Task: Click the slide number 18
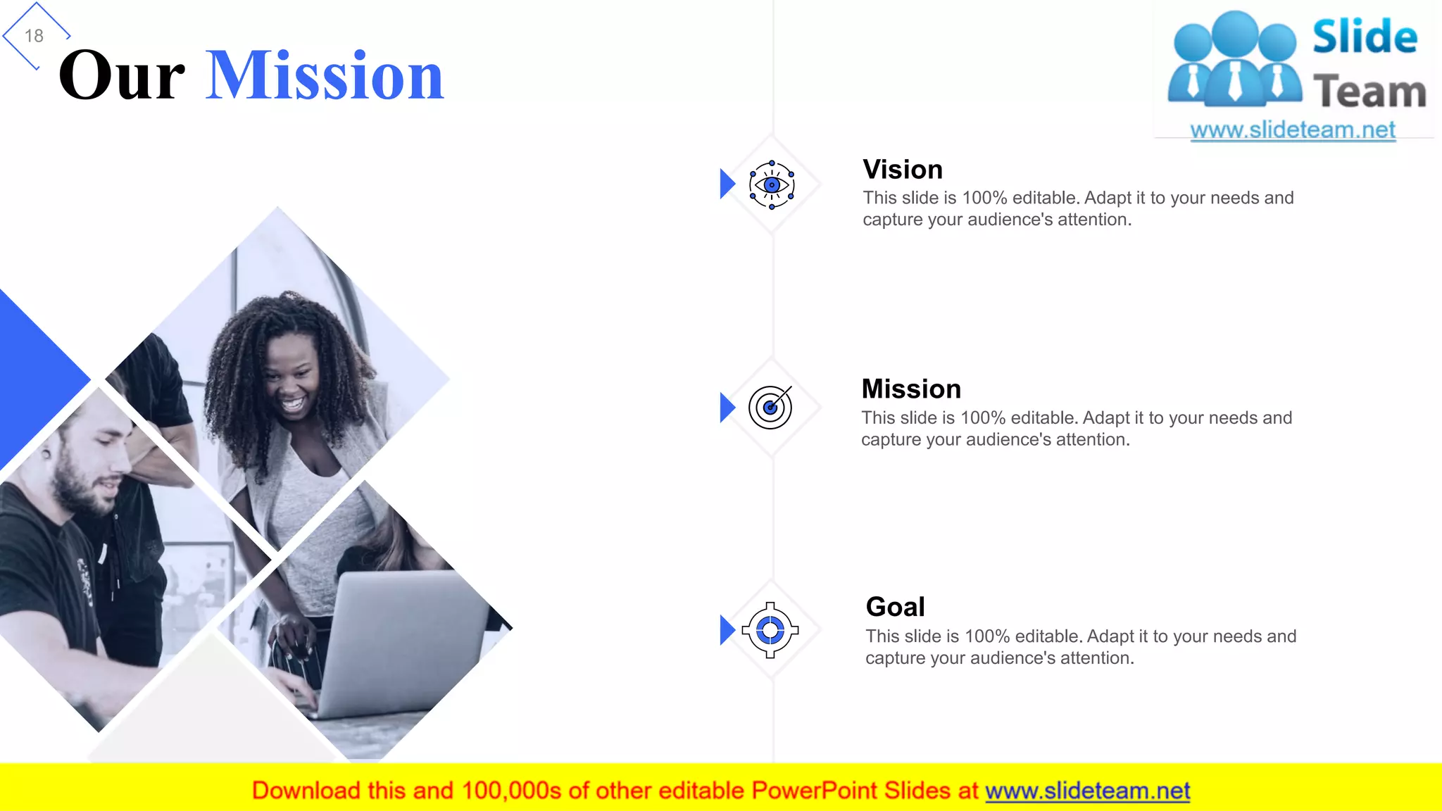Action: click(34, 36)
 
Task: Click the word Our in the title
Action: click(122, 76)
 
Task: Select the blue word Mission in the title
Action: click(325, 76)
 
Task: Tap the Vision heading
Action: click(903, 170)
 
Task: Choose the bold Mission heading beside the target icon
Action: click(911, 389)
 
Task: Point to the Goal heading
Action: click(895, 607)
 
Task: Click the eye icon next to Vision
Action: click(772, 185)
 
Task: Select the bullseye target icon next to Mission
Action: click(770, 407)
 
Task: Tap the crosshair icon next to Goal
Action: click(770, 630)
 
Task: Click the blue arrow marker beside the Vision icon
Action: click(727, 184)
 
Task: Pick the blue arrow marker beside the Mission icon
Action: click(727, 408)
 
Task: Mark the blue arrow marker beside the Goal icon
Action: click(727, 630)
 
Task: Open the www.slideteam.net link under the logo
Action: click(1293, 130)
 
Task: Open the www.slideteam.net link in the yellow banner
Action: click(1087, 791)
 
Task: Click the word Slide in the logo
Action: click(1365, 37)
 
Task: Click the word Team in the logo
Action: click(1369, 92)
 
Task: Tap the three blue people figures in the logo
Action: click(1235, 60)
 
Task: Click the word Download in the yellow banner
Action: click(306, 791)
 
